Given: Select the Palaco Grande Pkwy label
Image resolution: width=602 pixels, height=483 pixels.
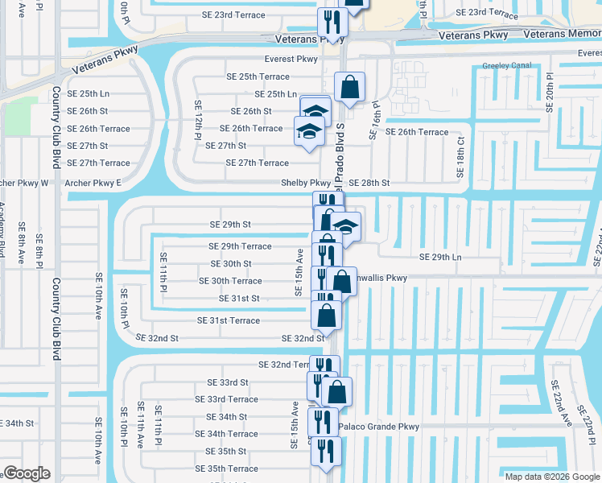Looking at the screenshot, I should point(379,427).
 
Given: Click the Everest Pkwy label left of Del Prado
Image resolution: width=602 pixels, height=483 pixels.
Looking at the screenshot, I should point(291,59).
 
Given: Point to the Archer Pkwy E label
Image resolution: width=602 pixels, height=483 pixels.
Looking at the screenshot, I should point(93,184).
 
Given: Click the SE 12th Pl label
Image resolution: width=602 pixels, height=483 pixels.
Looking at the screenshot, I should point(197,120).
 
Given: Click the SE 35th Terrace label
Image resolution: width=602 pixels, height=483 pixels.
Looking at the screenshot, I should point(232,469).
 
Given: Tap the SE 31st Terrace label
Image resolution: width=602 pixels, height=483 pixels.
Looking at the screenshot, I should point(229,320).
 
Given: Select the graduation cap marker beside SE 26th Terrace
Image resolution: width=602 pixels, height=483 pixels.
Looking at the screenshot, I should point(308,131).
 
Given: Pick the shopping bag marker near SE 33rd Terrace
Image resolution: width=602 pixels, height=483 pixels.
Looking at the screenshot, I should point(338,392).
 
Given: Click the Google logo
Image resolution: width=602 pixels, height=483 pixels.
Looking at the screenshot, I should point(27,473).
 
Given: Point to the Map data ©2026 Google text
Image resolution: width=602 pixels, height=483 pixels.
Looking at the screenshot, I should point(551,477).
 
